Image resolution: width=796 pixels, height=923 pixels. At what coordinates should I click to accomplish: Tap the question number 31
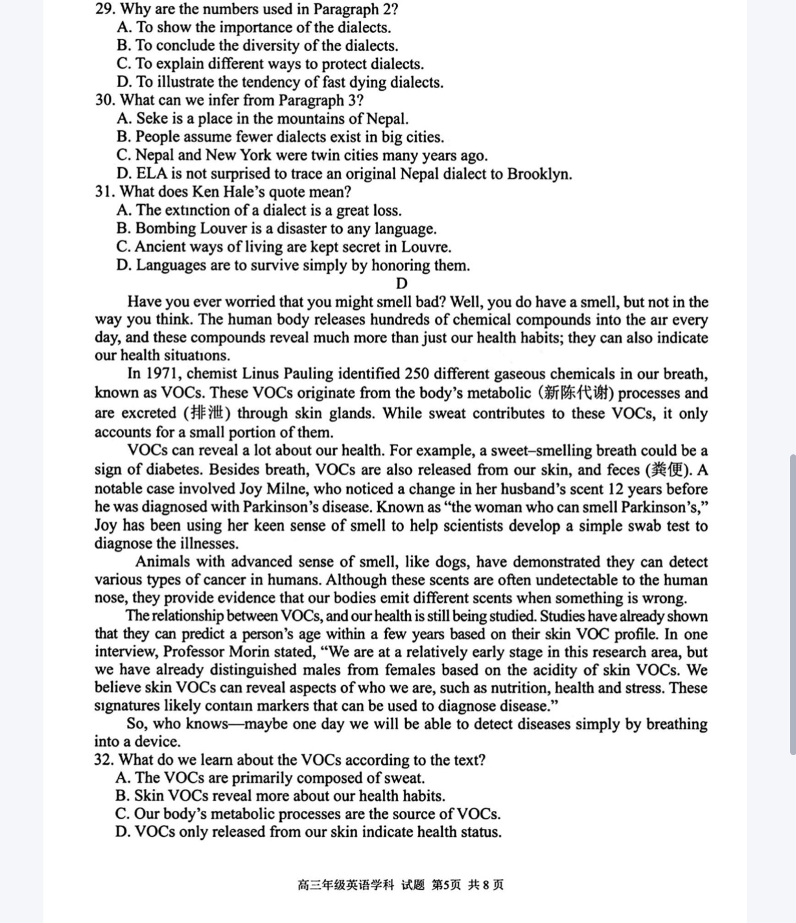(104, 192)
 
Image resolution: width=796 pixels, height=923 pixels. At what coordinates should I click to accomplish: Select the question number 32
(104, 760)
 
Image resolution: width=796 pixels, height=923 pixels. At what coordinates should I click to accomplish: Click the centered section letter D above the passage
(401, 284)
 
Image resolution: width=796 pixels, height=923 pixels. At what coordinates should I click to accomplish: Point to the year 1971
(161, 374)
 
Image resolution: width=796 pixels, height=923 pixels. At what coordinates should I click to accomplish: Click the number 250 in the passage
(417, 374)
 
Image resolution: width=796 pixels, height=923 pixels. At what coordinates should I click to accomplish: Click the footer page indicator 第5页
(446, 885)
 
